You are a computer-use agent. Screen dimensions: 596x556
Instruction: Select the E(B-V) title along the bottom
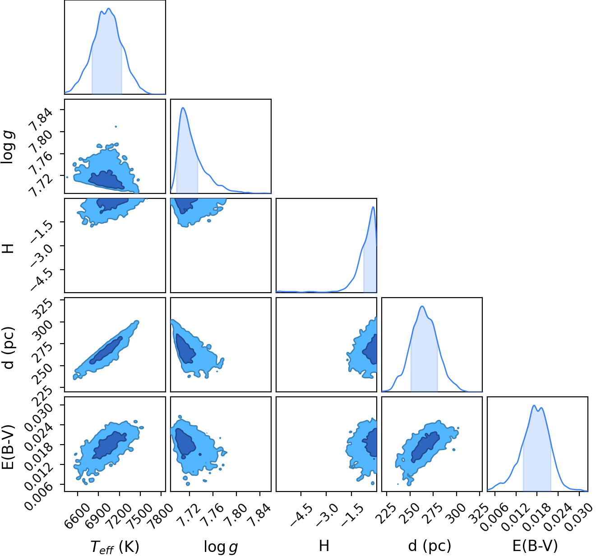click(535, 546)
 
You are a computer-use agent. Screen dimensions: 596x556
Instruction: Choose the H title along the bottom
click(324, 546)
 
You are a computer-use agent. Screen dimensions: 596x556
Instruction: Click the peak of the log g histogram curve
click(183, 107)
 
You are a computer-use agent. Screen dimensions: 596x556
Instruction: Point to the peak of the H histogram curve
click(373, 207)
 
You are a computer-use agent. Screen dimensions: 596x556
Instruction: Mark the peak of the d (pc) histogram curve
click(422, 306)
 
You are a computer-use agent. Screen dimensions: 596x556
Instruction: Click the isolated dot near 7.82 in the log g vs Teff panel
click(116, 127)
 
